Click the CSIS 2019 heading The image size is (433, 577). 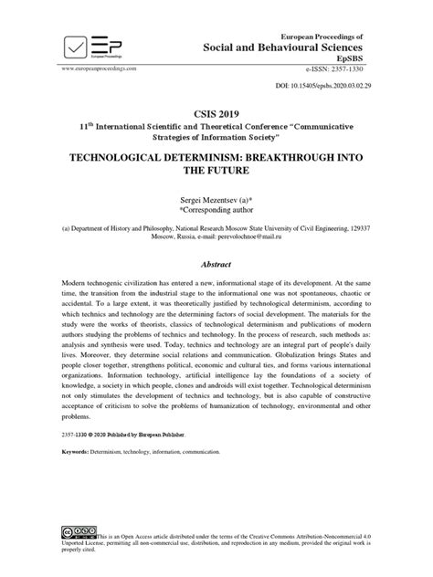tap(216, 107)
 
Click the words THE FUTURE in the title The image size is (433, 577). tap(216, 171)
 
